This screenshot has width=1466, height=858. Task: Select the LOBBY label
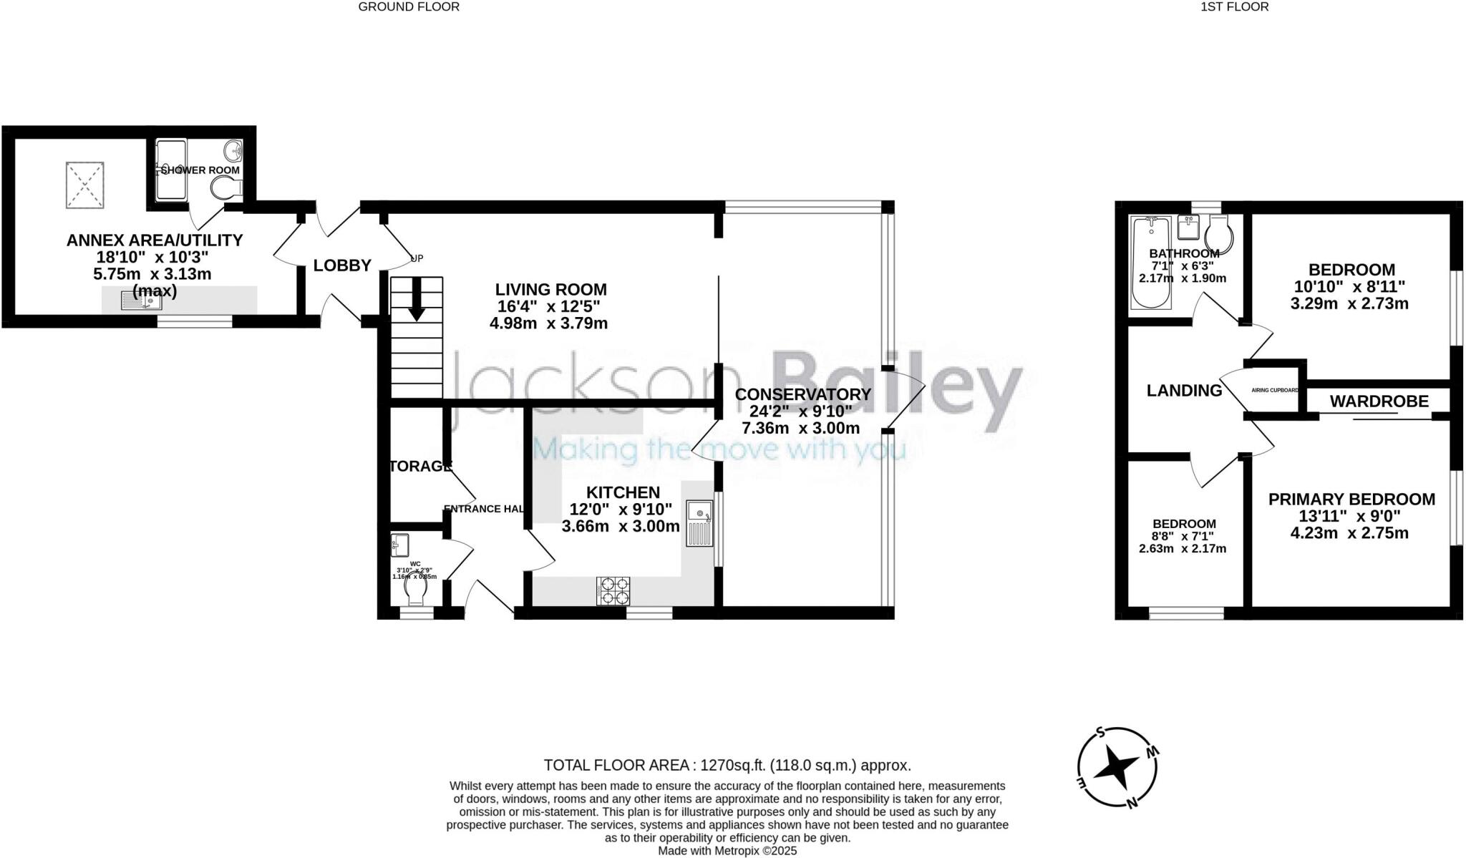[x=342, y=265]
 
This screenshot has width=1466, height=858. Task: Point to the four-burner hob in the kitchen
[x=613, y=591]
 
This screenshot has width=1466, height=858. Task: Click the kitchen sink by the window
[x=699, y=524]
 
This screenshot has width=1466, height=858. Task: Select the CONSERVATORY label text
[x=802, y=394]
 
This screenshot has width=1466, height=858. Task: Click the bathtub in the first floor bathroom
[x=1150, y=263]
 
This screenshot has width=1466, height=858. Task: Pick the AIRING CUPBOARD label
[x=1275, y=391]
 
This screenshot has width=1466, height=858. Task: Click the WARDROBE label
[x=1379, y=401]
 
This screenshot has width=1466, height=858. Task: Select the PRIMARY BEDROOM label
[x=1351, y=499]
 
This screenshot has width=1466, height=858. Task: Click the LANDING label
[x=1184, y=391]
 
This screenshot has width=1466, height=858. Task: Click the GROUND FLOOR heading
[x=408, y=7]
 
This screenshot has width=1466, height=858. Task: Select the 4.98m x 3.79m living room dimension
[x=548, y=323]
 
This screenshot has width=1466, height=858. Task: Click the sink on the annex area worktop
[x=142, y=301]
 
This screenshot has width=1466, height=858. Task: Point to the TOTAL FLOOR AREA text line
[x=727, y=765]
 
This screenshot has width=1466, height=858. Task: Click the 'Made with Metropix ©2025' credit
[x=727, y=852]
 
